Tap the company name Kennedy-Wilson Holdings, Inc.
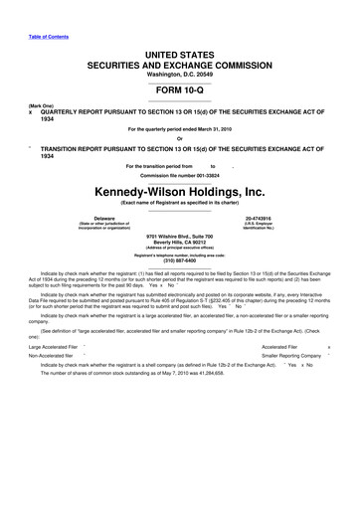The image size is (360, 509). pos(179,189)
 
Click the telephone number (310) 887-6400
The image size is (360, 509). pos(179,260)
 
